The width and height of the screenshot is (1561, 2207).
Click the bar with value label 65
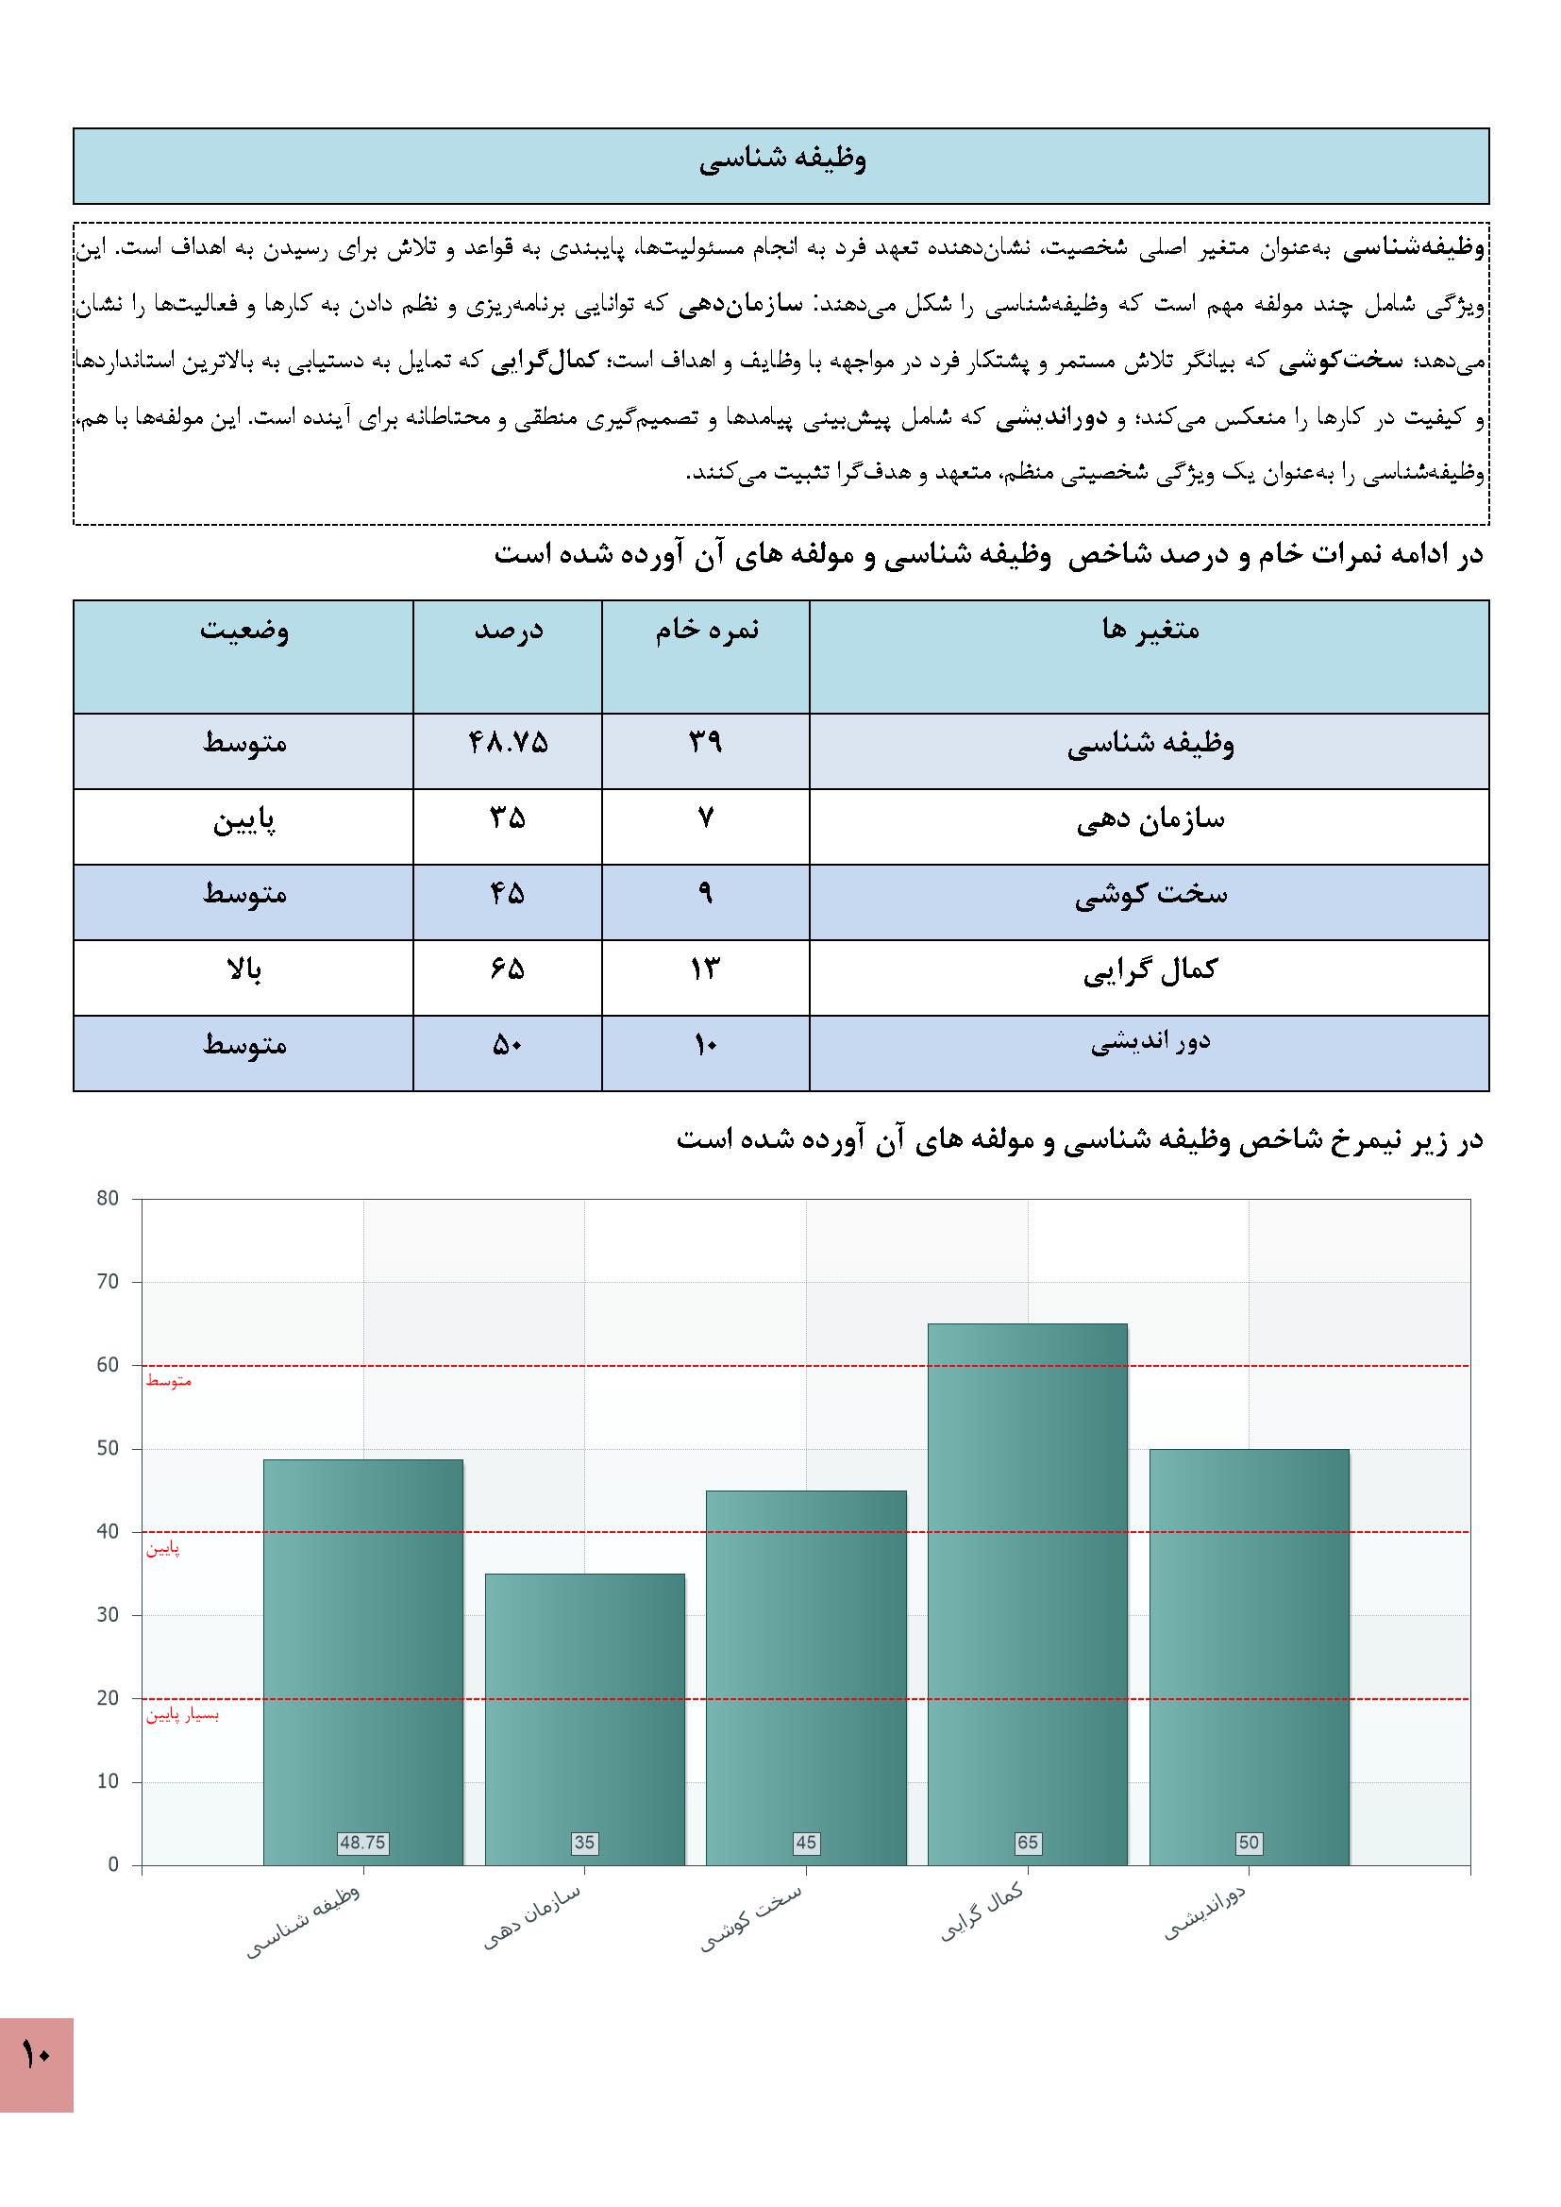tap(1027, 1595)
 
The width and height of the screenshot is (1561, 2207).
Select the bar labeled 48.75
tap(362, 1663)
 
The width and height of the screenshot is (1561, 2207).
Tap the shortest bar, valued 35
tap(584, 1721)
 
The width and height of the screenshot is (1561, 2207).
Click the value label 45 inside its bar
tap(805, 1843)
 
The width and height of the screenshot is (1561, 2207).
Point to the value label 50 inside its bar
tap(1248, 1843)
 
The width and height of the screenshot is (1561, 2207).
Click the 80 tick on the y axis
tap(108, 1199)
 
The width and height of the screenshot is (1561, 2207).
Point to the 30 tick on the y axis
tap(108, 1615)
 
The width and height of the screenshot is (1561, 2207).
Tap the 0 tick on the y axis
tap(113, 1864)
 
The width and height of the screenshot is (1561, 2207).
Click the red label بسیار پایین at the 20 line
tap(183, 1715)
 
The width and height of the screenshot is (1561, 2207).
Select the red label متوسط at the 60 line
tap(169, 1381)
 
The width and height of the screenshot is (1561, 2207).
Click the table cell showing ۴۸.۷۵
tap(508, 743)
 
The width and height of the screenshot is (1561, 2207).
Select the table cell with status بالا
tap(243, 969)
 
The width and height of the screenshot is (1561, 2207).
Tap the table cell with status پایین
tap(243, 820)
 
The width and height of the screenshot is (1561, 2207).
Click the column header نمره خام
tap(707, 630)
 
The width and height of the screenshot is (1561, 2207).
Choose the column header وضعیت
tap(243, 630)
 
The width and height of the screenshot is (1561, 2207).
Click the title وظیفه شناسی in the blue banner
tap(781, 160)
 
